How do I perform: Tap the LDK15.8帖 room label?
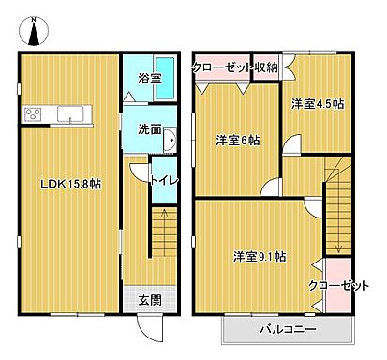(x=68, y=183)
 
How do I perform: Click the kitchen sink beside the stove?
(x=70, y=114)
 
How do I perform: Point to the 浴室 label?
(x=145, y=79)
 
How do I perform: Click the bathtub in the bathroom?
(x=145, y=94)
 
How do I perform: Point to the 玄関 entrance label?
(x=149, y=300)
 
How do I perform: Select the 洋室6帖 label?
(x=237, y=141)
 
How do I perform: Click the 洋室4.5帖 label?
(x=316, y=104)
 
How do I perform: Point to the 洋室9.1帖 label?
(x=260, y=255)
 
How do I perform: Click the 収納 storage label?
(x=266, y=67)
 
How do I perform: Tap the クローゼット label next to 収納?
(x=222, y=67)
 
